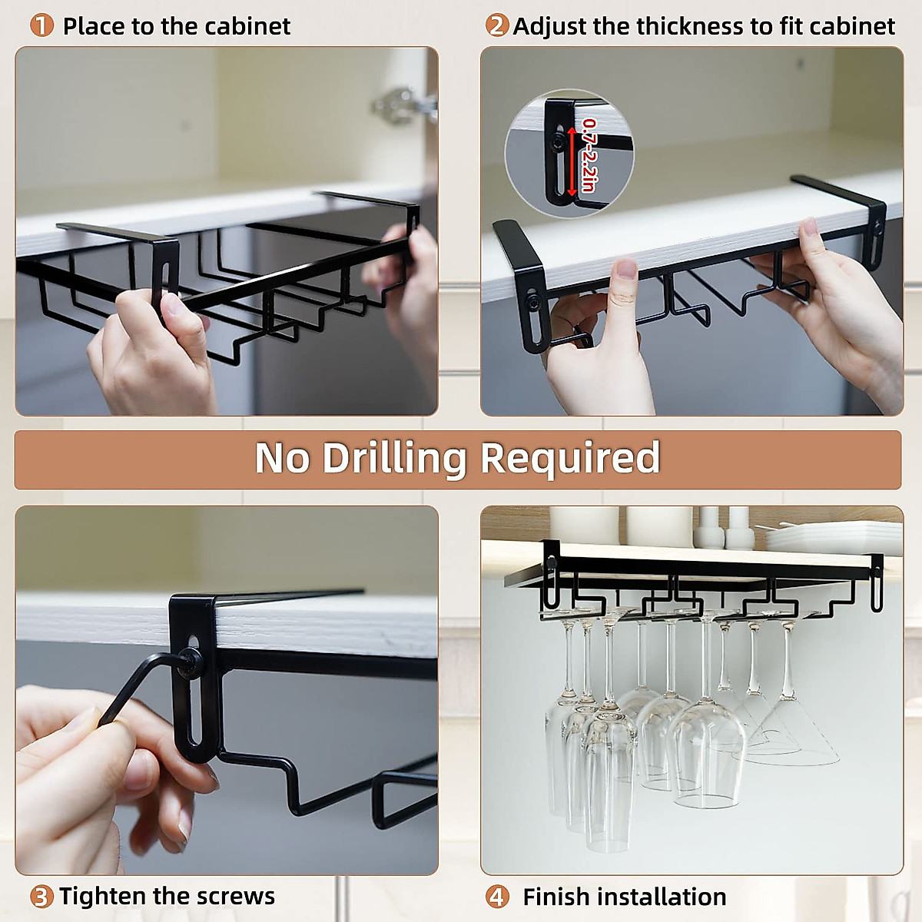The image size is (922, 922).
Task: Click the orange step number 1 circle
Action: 41,25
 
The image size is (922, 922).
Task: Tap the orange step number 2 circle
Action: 496,25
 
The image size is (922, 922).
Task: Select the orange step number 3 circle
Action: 41,897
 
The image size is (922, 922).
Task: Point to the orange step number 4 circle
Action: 496,897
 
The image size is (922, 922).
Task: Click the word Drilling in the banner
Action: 394,459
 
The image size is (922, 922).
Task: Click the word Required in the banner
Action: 570,459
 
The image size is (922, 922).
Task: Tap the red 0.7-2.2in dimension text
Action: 589,155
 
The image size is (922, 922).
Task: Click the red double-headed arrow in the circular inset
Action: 572,161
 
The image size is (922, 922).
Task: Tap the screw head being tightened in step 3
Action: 191,662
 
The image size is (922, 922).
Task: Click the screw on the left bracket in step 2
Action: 532,302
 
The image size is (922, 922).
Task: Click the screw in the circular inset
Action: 557,142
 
